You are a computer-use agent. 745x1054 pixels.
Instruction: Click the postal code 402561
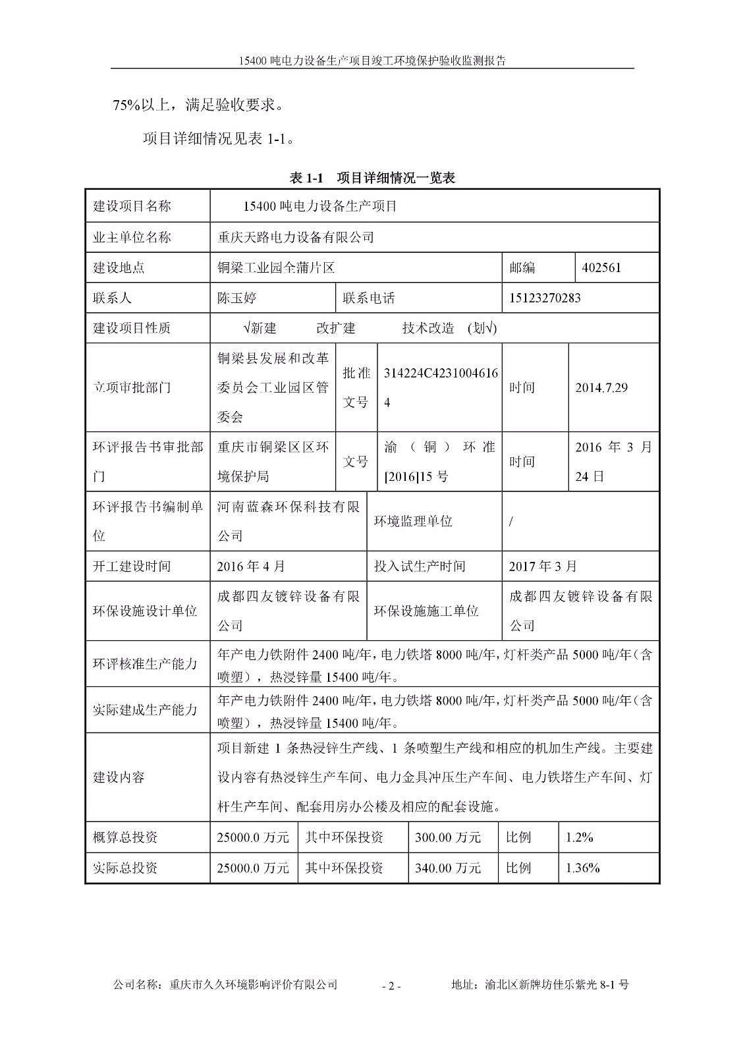point(601,268)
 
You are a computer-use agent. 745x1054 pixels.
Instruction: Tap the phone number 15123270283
point(545,298)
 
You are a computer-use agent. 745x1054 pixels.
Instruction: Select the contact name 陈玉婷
point(236,298)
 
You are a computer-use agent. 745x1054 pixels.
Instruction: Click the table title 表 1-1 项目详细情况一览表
point(372,178)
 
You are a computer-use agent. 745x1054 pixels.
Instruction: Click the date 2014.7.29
point(601,388)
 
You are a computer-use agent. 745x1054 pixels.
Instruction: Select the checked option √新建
point(260,328)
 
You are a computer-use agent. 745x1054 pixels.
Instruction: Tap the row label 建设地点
point(119,268)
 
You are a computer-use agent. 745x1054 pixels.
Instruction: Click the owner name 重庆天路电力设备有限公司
point(296,237)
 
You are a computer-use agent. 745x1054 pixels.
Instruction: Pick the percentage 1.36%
point(582,868)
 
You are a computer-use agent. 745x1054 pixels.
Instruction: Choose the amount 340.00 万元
point(448,868)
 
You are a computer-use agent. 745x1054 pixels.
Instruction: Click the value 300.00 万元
point(448,838)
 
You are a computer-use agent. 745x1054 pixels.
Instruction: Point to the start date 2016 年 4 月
point(251,567)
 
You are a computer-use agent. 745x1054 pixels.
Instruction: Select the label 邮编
point(522,268)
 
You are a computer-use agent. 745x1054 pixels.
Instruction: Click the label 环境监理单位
point(413,521)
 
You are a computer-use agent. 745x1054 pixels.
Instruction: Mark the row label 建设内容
point(119,777)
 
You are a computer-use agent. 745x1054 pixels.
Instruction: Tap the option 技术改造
point(428,328)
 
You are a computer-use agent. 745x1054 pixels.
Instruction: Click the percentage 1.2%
point(579,838)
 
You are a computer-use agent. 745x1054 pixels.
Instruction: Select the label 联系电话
point(368,298)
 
